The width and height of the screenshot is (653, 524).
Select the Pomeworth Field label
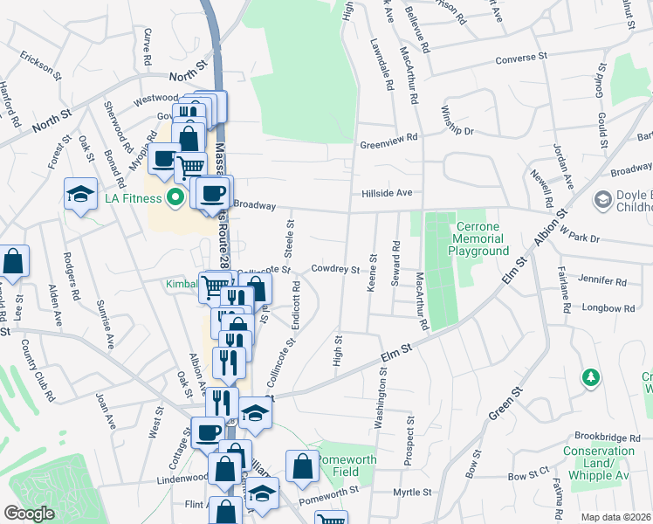[346, 464]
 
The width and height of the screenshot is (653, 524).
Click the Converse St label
[520, 59]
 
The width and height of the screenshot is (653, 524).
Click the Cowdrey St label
[335, 270]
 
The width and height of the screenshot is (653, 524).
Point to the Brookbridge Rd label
[601, 436]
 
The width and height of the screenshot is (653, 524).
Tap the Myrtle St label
[412, 493]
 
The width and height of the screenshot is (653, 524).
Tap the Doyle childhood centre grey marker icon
[601, 200]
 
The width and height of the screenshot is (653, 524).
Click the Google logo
[29, 514]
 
